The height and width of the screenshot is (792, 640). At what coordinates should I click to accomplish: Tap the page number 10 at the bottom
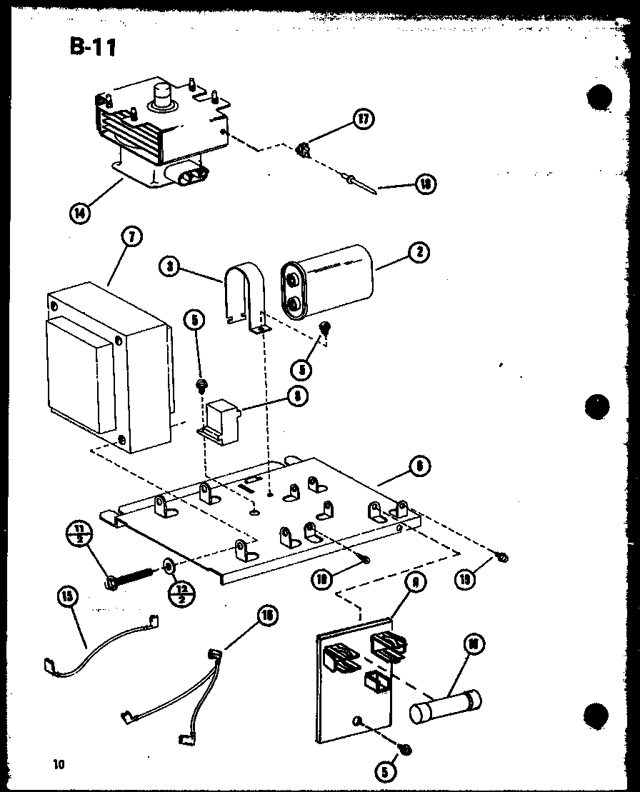pyautogui.click(x=57, y=764)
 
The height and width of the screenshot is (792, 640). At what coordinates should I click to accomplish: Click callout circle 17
pyautogui.click(x=363, y=119)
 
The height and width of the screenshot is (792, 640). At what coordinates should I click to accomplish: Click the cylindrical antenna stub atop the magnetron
pyautogui.click(x=162, y=96)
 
